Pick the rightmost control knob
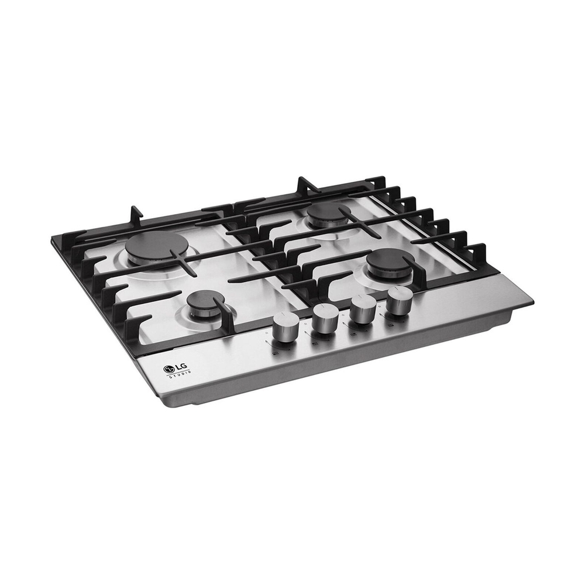399,300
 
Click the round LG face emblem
169,369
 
